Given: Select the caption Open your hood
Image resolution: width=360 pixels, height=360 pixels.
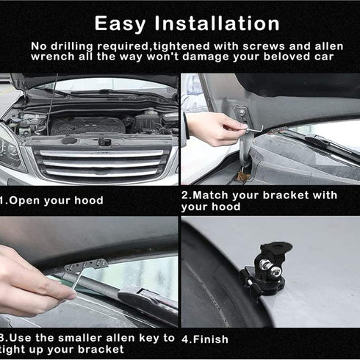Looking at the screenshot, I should (x=55, y=200).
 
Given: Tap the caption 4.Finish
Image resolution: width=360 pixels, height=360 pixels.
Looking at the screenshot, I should (x=205, y=339).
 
